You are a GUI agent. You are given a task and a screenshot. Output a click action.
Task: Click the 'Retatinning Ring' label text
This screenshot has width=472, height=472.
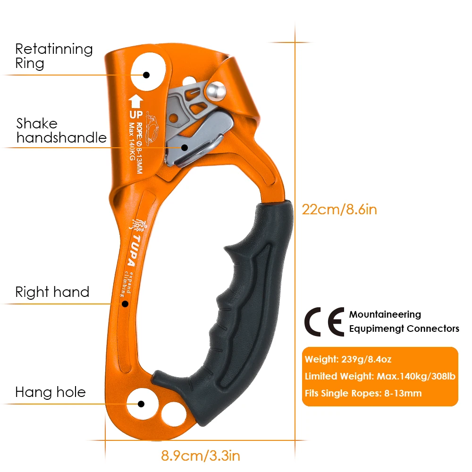tap(54, 56)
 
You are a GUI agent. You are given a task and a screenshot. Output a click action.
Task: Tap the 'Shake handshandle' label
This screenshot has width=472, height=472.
tap(61, 131)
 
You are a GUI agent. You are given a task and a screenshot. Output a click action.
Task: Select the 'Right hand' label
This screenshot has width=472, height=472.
tap(52, 292)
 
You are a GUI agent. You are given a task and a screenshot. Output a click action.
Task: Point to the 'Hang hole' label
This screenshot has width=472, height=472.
tap(51, 392)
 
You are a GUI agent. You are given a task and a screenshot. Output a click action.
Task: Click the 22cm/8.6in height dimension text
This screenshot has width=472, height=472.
tap(339, 210)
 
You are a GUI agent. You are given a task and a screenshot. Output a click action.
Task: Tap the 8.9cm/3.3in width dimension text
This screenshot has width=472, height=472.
tap(201, 456)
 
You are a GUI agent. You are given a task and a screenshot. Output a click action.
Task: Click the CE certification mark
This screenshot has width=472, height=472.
tap(324, 322)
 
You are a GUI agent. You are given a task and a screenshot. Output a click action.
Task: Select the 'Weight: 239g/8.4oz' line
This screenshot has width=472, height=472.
tap(348, 359)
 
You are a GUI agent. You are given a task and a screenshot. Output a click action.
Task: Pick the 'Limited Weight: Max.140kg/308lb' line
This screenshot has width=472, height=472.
tap(380, 376)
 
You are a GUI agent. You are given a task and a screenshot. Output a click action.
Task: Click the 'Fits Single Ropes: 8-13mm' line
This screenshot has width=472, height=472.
tap(363, 393)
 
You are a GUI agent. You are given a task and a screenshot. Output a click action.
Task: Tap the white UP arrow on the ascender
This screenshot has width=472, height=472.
tap(136, 101)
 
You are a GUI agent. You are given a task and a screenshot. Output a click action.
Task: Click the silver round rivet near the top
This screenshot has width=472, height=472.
tap(216, 92)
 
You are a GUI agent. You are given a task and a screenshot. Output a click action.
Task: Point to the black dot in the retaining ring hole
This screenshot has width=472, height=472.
tap(146, 75)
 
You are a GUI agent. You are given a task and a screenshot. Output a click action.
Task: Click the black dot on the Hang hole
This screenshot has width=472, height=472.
tap(141, 404)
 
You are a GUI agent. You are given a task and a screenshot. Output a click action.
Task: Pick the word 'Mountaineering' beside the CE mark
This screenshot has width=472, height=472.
tap(385, 314)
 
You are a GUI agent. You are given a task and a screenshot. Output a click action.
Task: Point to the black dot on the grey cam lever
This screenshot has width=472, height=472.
tap(185, 147)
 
